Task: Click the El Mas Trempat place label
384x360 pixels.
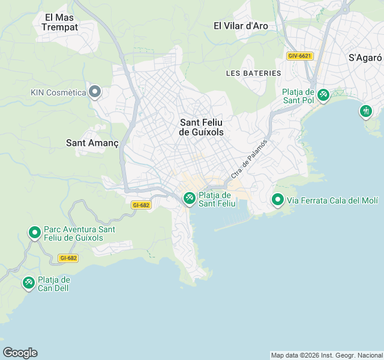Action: [x=60, y=22]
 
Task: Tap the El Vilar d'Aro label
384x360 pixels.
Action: [x=241, y=26]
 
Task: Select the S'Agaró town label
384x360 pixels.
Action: [x=365, y=58]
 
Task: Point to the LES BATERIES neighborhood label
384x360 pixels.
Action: [x=253, y=73]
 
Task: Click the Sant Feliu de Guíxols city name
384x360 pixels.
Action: [x=202, y=127]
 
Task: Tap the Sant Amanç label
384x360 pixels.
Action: [x=92, y=143]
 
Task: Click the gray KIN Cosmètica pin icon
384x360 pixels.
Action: [x=94, y=92]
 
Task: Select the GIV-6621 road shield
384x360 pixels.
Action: [x=300, y=56]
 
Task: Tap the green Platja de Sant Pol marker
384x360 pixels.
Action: [x=323, y=95]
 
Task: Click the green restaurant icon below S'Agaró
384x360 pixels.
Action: [x=366, y=111]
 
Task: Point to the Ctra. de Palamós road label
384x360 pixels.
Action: [x=248, y=159]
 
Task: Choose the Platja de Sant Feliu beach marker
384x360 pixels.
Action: [x=189, y=197]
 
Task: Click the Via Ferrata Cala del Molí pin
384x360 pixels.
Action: [x=277, y=200]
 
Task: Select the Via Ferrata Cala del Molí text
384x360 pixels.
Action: [x=332, y=200]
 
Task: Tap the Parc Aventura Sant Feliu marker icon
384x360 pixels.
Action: [x=34, y=232]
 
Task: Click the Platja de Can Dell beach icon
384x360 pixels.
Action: [x=28, y=282]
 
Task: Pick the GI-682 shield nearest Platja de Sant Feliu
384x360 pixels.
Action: [x=140, y=205]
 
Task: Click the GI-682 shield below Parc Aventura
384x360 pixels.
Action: [x=68, y=258]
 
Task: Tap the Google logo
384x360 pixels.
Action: [x=20, y=352]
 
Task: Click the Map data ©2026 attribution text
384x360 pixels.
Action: [x=326, y=355]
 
